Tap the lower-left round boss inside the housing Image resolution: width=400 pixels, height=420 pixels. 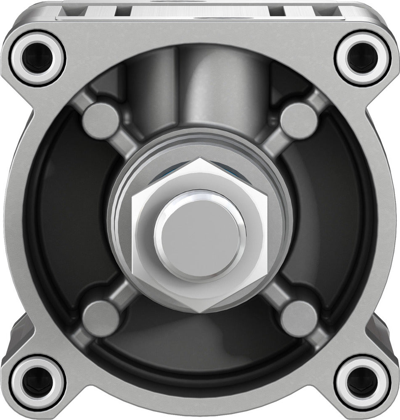coord(101,318)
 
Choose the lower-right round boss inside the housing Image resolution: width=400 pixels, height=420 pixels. coord(299,318)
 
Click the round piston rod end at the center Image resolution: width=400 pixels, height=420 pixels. coord(200,235)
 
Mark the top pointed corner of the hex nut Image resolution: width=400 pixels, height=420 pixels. coord(200,160)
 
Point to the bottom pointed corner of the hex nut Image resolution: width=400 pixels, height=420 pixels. coord(200,312)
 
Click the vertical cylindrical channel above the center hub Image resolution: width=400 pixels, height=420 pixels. coord(200,92)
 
